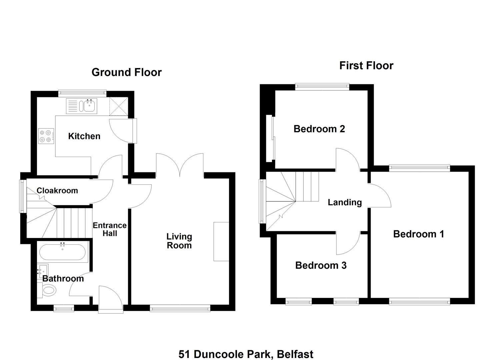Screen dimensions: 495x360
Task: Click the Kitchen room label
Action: pos(84,136)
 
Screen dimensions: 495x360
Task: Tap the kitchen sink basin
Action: pos(89,106)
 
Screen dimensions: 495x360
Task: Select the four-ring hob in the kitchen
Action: pos(46,136)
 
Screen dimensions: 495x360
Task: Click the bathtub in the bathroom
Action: pos(62,252)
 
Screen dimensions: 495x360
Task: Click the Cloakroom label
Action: pos(57,190)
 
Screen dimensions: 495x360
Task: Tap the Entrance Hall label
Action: pos(110,229)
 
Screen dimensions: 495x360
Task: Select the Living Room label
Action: pos(179,241)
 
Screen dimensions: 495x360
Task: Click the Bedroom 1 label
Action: pos(419,234)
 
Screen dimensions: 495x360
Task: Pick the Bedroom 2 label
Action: pos(319,129)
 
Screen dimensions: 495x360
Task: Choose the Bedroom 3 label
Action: pos(321,265)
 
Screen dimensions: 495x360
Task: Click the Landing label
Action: pos(345,202)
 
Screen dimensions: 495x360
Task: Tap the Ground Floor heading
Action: pos(127,72)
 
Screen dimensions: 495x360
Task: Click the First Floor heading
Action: pos(366,66)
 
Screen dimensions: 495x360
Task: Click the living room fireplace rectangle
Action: pos(221,242)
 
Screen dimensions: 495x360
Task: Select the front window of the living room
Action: pos(180,308)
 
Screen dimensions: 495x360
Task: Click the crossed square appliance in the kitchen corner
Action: pos(119,107)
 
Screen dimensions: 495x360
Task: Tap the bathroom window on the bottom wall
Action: pos(64,308)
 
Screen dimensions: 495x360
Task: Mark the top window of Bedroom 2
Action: pos(322,87)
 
